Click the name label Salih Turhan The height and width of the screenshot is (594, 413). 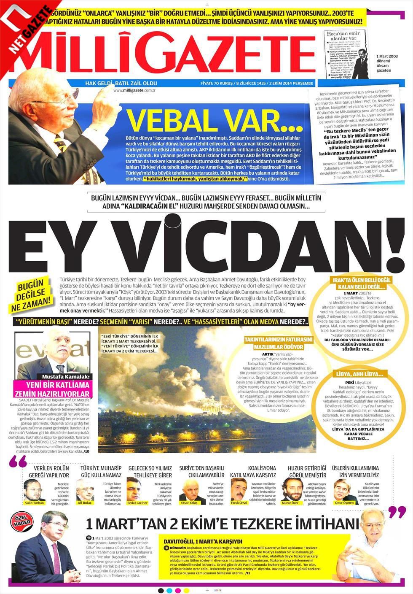(x=35, y=503)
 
